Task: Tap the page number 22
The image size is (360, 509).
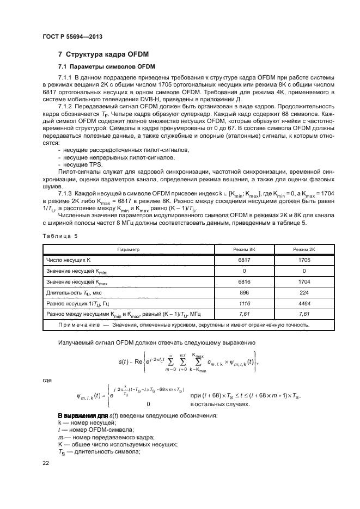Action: point(46,463)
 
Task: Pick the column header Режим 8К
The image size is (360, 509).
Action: point(243,249)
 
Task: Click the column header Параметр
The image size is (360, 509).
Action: point(129,249)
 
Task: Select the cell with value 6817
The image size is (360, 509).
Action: point(243,260)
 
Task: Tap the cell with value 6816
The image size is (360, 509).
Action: point(243,282)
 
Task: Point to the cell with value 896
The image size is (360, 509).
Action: point(243,292)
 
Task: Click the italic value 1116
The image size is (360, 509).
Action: point(243,303)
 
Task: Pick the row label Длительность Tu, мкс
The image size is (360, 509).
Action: point(71,292)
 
